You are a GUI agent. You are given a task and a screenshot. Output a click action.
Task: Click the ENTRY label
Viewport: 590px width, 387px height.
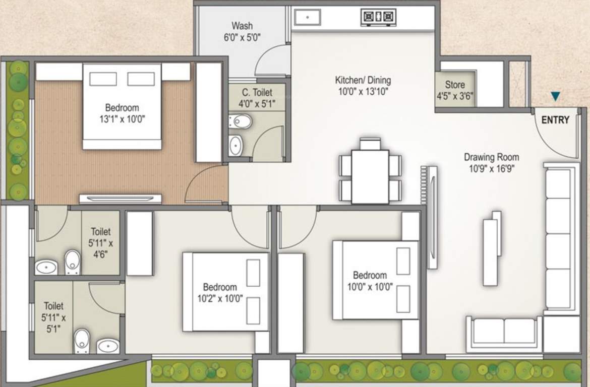555,120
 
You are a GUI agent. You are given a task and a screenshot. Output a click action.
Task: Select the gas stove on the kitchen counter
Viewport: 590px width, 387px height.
378,18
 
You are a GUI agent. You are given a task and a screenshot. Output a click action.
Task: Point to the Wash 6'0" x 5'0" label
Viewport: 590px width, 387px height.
243,31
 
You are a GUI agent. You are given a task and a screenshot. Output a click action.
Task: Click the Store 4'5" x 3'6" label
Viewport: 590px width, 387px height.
455,90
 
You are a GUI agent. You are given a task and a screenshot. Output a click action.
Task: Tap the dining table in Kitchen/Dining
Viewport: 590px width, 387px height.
370,176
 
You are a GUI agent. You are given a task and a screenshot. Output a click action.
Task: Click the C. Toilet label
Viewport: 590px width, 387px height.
257,98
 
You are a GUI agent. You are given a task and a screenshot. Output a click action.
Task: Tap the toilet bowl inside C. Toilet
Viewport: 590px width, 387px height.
241,121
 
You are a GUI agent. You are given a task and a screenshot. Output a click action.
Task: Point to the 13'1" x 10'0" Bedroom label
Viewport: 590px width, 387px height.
122,113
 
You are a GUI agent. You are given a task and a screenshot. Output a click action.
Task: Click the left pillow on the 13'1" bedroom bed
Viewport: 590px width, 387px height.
103,79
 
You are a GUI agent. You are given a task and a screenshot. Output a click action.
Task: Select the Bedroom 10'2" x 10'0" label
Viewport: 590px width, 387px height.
220,292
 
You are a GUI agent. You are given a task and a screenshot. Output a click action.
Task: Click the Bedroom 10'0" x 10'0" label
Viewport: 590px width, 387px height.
370,281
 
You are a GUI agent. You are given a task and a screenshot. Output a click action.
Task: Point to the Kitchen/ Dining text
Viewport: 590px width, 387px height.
363,80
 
